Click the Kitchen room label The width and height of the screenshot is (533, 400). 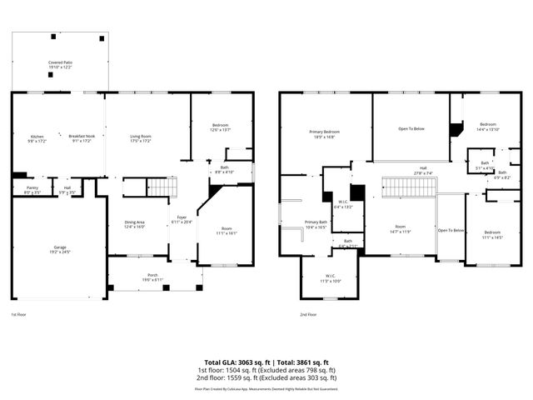(x=37, y=138)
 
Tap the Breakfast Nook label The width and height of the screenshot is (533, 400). (x=81, y=138)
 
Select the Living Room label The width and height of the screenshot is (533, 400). (x=140, y=138)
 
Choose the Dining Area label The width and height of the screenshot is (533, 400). (x=134, y=224)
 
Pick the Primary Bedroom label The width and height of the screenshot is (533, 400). (x=325, y=133)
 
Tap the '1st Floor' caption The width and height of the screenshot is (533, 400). (x=18, y=315)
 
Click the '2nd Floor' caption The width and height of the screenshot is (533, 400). (x=308, y=315)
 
